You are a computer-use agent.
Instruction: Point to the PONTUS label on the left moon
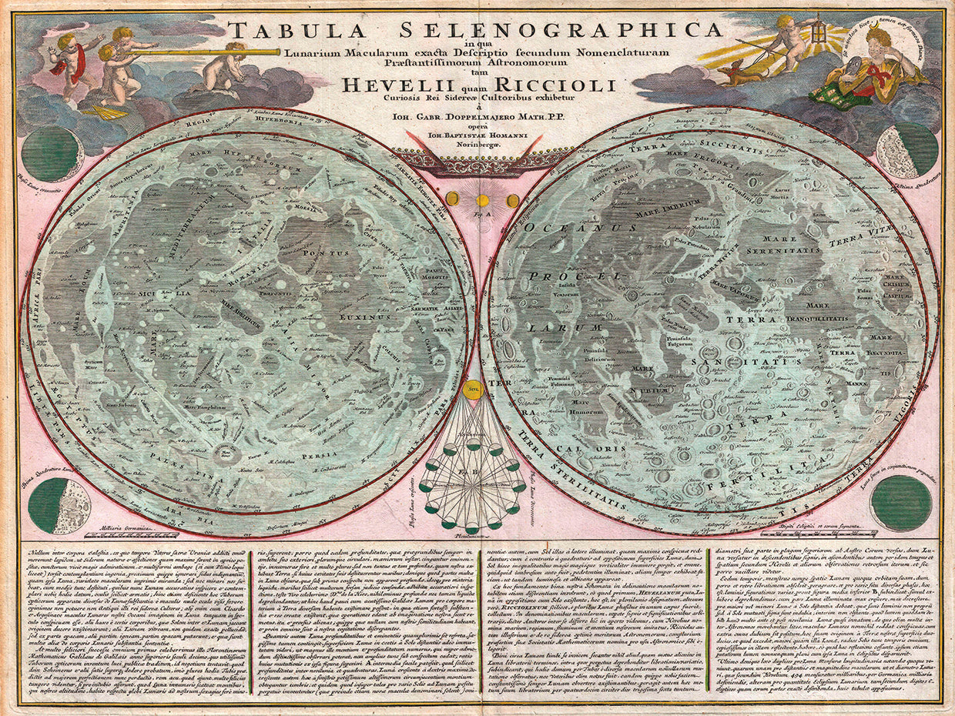point(322,252)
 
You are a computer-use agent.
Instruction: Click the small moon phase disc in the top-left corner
point(51,153)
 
